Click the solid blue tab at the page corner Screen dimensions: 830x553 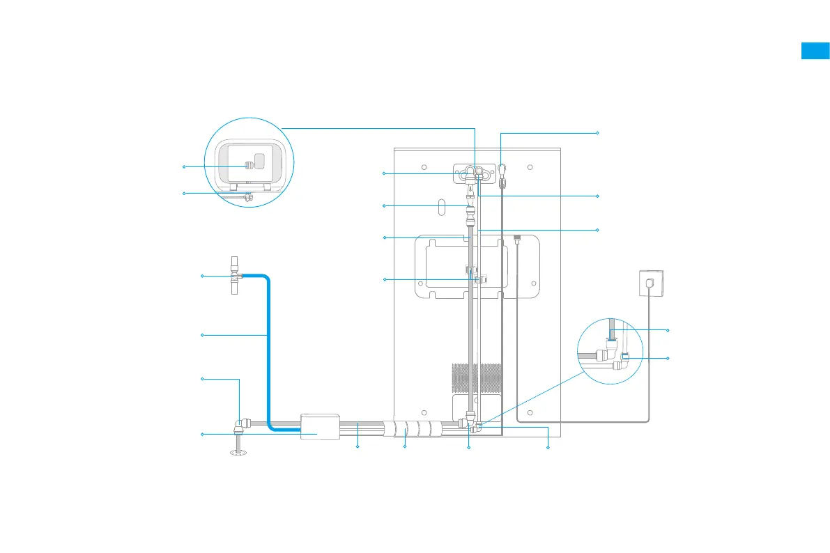815,51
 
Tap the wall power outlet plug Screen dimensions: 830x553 649,283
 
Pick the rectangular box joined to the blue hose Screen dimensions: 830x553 320,426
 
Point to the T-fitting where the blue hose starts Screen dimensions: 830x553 235,276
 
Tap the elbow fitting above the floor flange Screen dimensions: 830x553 240,423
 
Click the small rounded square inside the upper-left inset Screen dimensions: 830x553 259,161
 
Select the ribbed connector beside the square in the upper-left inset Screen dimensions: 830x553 247,166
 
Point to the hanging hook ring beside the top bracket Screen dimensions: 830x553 502,168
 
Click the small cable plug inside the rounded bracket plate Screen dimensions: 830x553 517,240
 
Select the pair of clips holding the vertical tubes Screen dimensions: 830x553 473,273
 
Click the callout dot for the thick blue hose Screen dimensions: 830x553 202,336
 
